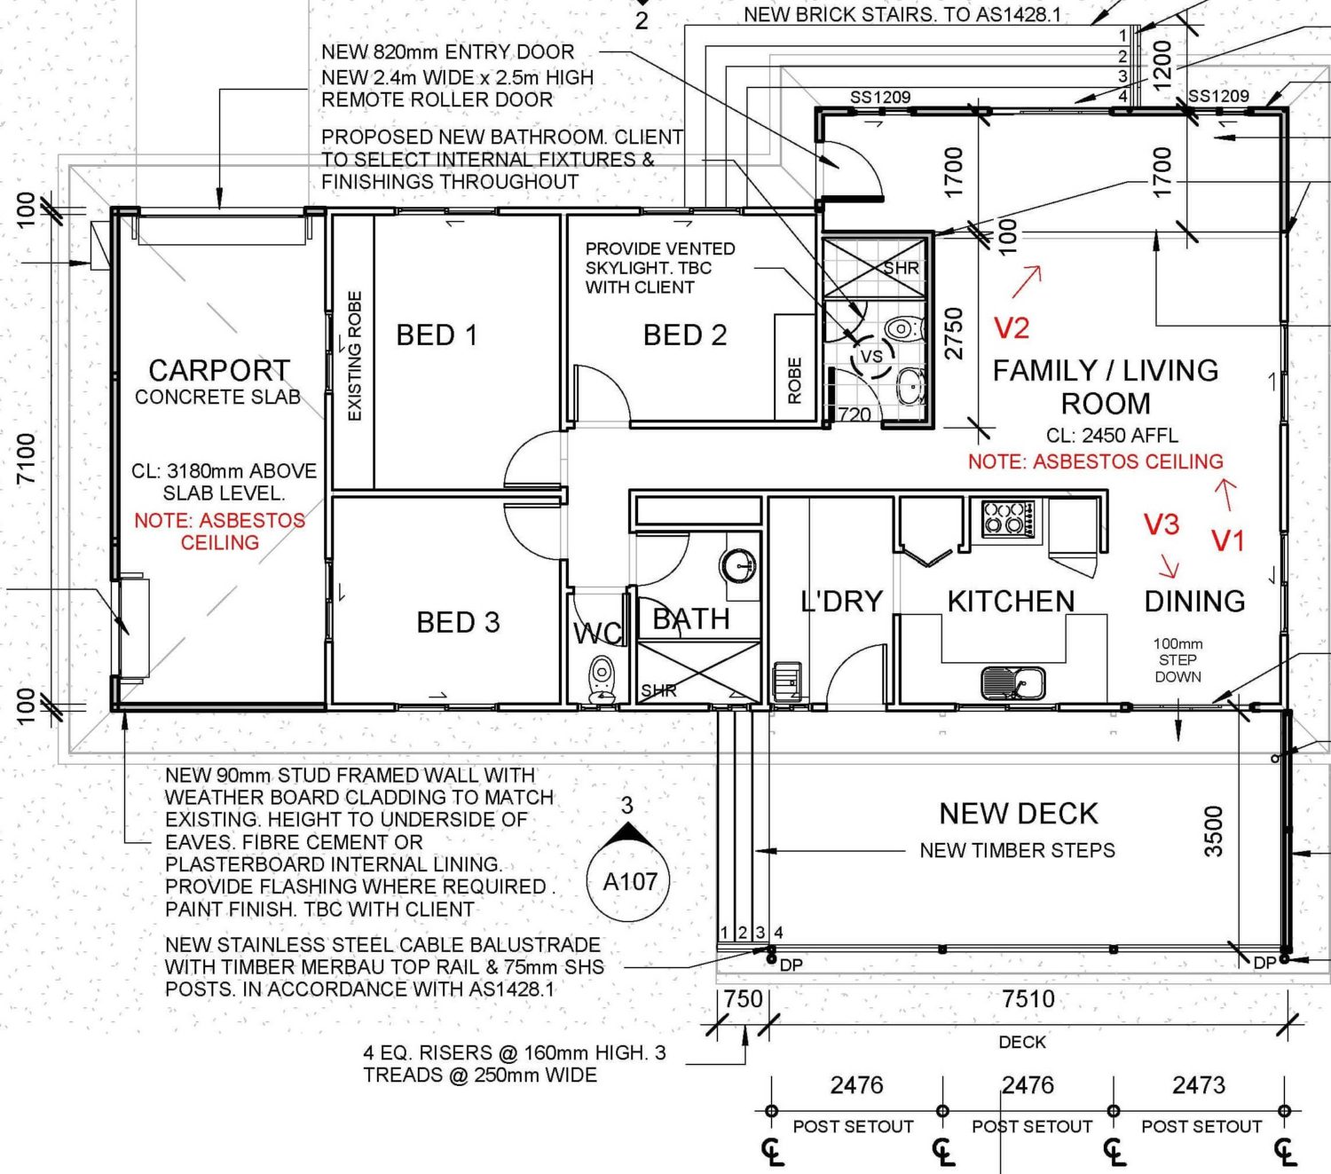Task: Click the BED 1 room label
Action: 437,335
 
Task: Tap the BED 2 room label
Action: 684,335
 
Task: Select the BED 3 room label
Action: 458,622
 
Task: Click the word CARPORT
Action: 219,370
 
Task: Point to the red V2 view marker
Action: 1011,328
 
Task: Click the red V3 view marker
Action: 1162,524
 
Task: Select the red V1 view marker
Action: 1228,540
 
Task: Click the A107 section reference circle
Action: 630,881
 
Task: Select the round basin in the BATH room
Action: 737,563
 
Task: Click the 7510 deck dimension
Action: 1028,998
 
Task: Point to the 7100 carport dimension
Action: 28,458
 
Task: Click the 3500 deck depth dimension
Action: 1213,831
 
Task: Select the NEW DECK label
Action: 1019,813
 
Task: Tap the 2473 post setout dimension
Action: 1199,1084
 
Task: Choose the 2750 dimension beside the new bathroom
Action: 953,334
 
